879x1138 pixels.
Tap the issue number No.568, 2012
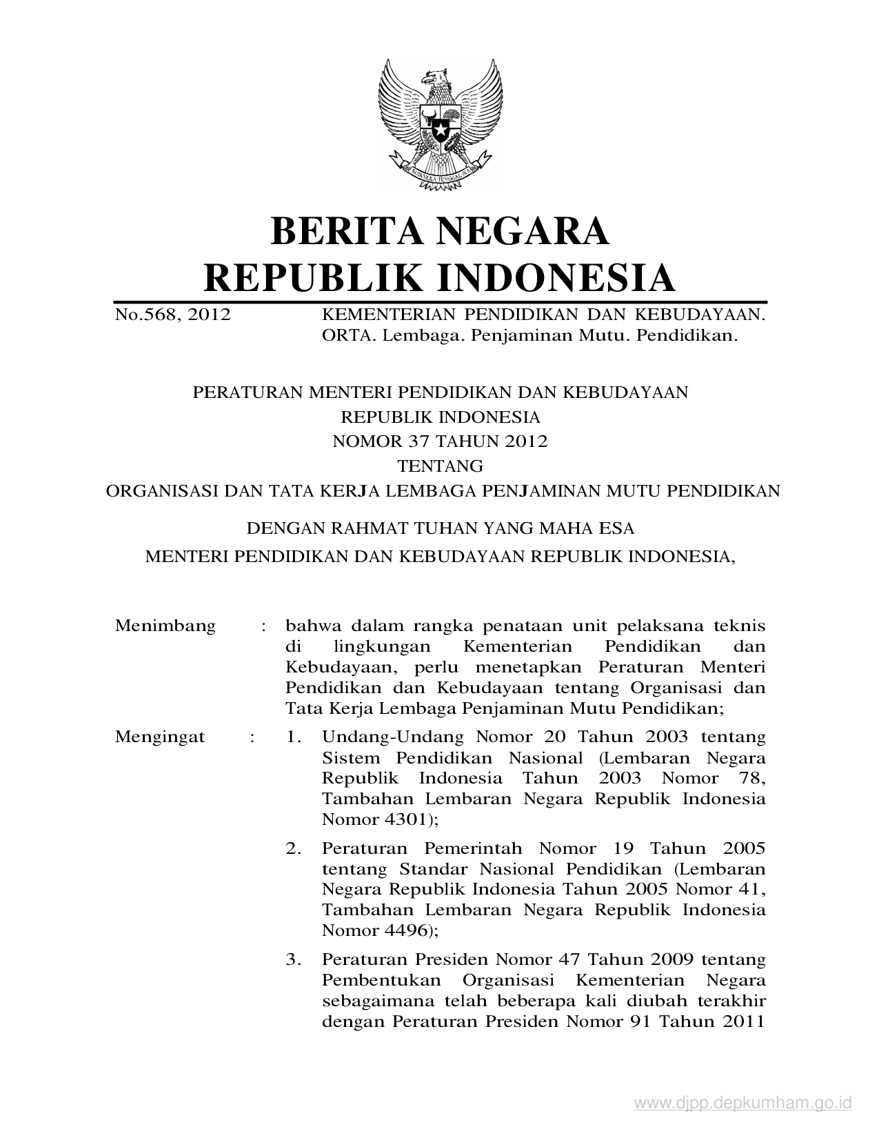[172, 316]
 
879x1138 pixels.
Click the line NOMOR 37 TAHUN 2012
[440, 441]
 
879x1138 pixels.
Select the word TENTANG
[441, 466]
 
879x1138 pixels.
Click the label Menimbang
[165, 626]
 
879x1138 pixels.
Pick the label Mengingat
[160, 737]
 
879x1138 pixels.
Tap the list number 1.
[294, 737]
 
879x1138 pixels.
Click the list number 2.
[294, 848]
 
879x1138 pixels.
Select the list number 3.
[294, 959]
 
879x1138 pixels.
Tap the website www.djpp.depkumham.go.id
[743, 1104]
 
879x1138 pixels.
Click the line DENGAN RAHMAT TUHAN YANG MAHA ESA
[440, 529]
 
